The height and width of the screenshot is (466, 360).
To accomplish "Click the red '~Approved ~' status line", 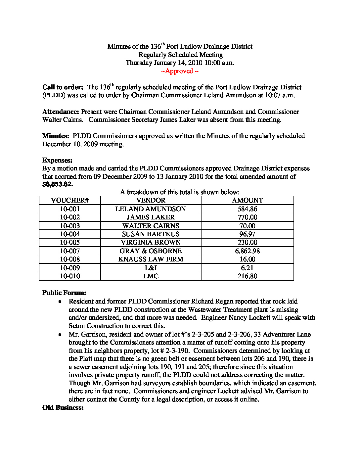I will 180,71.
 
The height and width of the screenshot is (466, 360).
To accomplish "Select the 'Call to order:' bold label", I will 63,87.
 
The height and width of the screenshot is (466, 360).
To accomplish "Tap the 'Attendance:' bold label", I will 61,112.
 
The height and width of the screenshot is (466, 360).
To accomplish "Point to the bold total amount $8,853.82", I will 58,184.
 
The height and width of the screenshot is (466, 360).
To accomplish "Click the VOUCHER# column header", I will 70,201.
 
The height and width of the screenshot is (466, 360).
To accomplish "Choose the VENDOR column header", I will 151,201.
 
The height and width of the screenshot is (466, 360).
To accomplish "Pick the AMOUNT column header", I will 247,201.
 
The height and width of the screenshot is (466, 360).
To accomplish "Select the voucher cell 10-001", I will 70,209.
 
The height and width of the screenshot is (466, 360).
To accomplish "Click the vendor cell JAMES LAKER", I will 151,217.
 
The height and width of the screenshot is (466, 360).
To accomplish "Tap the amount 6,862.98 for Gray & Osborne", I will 247,251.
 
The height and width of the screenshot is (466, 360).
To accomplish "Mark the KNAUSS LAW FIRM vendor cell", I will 151,259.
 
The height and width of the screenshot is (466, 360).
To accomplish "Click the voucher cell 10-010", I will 70,276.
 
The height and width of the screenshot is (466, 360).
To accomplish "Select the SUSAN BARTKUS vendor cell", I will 151,234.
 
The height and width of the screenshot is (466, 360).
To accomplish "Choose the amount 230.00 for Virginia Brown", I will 247,243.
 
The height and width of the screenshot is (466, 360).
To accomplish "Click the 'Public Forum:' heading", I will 64,293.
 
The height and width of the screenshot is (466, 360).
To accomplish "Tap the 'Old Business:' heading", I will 63,408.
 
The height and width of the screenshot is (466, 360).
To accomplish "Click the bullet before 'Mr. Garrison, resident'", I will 60,335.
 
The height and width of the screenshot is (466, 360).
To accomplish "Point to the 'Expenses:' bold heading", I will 57,161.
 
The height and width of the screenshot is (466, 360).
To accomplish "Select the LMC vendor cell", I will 151,276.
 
